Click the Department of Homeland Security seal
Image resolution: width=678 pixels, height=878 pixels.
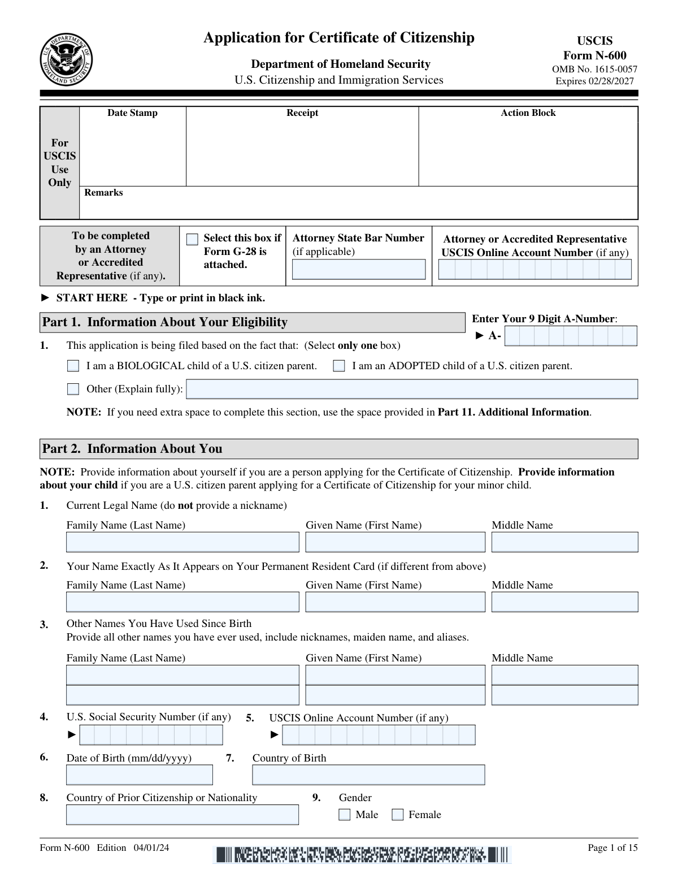(x=66, y=60)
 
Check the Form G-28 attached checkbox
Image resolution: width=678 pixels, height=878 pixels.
(x=192, y=239)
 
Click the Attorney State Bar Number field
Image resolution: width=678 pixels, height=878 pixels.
(x=358, y=269)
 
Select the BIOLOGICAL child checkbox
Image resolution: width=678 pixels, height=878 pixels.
(x=73, y=366)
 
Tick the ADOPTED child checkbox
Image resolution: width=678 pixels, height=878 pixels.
(x=338, y=366)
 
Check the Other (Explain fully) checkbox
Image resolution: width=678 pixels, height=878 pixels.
(x=73, y=389)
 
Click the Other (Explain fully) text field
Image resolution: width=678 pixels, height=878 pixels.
(x=411, y=389)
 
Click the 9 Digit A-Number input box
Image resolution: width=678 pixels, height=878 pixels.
(x=571, y=336)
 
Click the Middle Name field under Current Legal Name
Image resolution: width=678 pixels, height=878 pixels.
(x=564, y=542)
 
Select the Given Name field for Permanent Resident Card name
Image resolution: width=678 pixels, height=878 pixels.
(x=395, y=602)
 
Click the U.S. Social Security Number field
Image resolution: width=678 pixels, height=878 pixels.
(x=151, y=735)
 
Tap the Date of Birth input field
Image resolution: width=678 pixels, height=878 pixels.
(x=140, y=775)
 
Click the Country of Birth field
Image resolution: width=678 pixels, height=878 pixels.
(x=368, y=775)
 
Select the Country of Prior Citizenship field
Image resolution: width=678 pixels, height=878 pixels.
(x=182, y=815)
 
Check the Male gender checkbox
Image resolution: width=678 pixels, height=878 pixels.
(x=345, y=815)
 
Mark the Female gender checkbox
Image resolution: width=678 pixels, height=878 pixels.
(x=398, y=815)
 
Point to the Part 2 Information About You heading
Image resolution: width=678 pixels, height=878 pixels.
(x=132, y=449)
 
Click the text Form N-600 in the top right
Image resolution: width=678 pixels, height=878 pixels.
(x=594, y=55)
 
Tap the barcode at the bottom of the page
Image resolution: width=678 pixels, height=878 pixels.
(x=362, y=854)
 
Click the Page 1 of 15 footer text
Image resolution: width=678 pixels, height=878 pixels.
(x=612, y=847)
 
